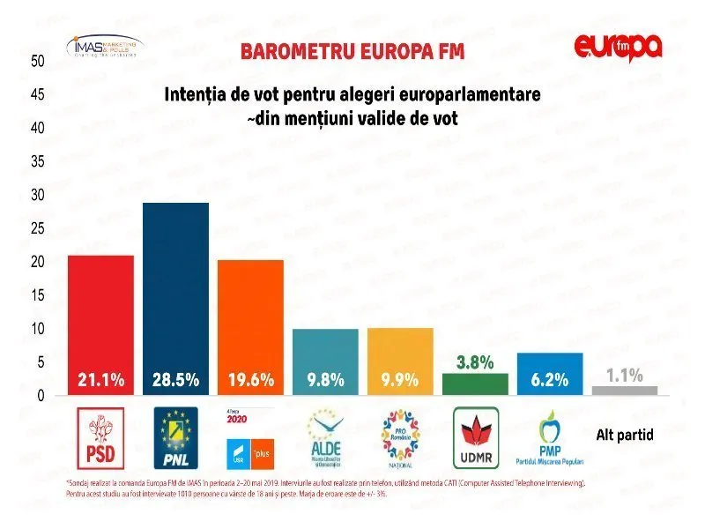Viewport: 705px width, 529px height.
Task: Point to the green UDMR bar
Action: tap(475, 384)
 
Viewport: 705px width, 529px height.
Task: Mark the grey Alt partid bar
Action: tap(625, 390)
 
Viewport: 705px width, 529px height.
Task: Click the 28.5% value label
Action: tap(175, 381)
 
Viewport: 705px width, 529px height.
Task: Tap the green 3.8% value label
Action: tap(475, 362)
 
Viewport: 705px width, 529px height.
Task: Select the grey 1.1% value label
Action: tap(625, 375)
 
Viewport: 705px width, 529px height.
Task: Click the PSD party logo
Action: tap(100, 437)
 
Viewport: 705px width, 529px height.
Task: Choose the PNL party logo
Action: tap(175, 437)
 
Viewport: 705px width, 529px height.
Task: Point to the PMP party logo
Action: tap(550, 437)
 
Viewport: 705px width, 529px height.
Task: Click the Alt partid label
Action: tap(625, 435)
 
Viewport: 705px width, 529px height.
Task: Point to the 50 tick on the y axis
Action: tap(38, 61)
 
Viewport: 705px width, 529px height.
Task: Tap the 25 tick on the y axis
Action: tap(38, 228)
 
